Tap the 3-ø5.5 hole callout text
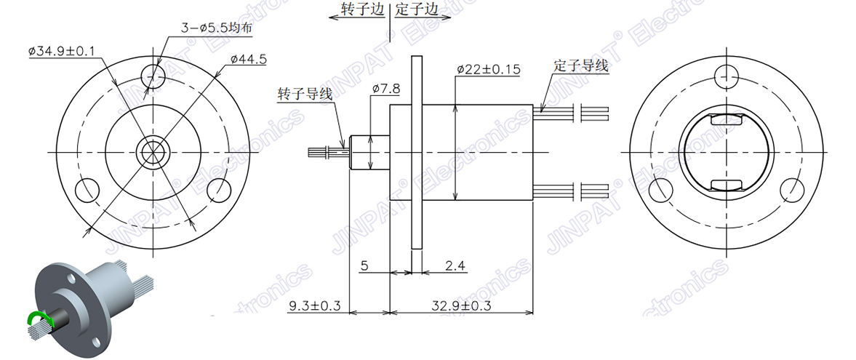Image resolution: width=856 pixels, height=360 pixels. (x=216, y=28)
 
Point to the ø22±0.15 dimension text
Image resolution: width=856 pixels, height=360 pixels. (x=488, y=70)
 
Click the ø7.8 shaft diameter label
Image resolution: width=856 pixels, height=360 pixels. (x=385, y=89)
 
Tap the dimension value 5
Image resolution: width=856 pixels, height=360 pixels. (x=365, y=266)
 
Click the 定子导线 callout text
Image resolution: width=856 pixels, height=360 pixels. (x=580, y=65)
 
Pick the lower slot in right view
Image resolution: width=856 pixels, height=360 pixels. (x=726, y=185)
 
